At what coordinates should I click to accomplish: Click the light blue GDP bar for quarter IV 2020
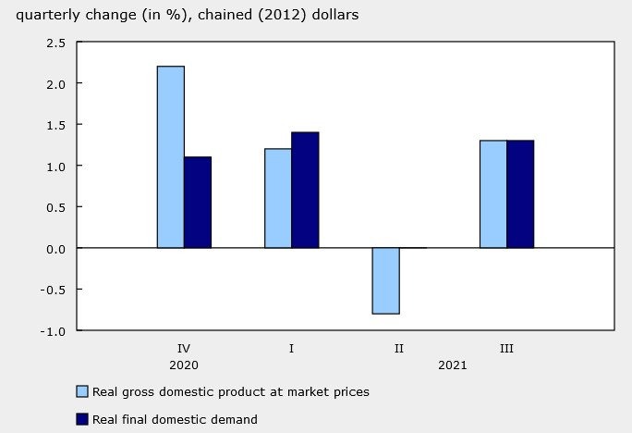170,157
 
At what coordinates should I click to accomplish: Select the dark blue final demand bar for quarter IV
197,203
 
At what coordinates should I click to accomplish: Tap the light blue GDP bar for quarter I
278,198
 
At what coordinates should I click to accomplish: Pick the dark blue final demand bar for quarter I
305,190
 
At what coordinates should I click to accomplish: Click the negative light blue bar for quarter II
385,280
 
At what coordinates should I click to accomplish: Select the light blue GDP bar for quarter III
493,194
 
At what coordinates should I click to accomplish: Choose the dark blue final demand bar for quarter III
520,194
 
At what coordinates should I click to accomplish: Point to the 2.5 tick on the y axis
55,43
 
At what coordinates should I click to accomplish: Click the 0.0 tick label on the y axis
55,248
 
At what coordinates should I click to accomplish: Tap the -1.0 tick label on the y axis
54,330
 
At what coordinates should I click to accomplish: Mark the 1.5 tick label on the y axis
55,125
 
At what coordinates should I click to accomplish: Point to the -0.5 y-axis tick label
54,290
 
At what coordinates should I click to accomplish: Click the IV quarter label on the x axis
184,349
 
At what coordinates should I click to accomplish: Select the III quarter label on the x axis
506,349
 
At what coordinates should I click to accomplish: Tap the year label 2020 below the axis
184,365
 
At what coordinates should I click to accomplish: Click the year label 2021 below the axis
453,365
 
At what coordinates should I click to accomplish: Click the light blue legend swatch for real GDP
82,391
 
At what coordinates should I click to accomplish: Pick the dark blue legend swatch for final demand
82,419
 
